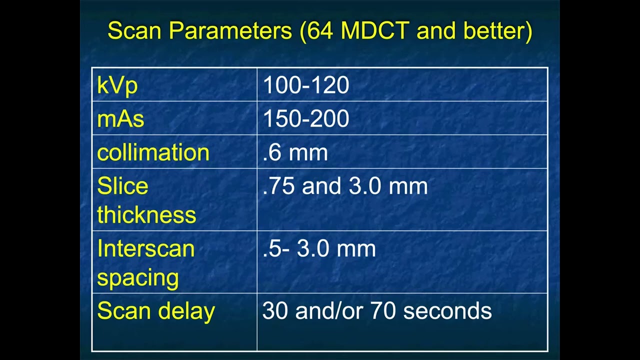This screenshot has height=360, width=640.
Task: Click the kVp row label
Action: coord(117,85)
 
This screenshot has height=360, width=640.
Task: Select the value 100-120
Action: coord(305,85)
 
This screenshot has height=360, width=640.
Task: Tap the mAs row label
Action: coord(120,119)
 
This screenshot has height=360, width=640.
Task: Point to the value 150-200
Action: coord(305,119)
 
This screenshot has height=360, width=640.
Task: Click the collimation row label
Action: coord(153,152)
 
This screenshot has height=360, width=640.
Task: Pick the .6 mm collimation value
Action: coord(295,152)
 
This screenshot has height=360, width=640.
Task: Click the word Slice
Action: coord(122,186)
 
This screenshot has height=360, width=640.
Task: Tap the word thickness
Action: coord(146,214)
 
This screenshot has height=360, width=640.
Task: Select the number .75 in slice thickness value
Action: coord(279,186)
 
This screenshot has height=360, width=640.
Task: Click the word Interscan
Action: coord(145,248)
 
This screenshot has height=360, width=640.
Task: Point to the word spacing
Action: coord(137,277)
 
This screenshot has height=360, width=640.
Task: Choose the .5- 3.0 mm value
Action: coord(318,248)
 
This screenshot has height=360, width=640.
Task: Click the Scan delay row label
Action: coord(155,310)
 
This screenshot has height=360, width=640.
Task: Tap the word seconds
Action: coord(447,310)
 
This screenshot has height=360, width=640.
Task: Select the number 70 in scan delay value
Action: coord(383,310)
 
